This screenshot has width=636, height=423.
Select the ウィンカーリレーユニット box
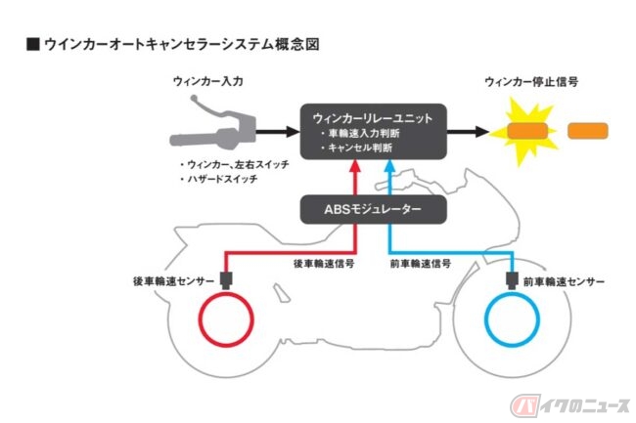pyautogui.click(x=373, y=130)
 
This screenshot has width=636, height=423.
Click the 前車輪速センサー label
pyautogui.click(x=563, y=281)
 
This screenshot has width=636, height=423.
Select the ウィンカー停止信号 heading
pyautogui.click(x=531, y=83)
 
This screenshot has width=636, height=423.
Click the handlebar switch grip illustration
pyautogui.click(x=210, y=129)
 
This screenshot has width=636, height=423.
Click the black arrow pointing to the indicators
pyautogui.click(x=469, y=130)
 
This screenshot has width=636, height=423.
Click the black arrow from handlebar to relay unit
pyautogui.click(x=279, y=130)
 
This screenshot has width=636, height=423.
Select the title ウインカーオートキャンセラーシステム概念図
pyautogui.click(x=171, y=45)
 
